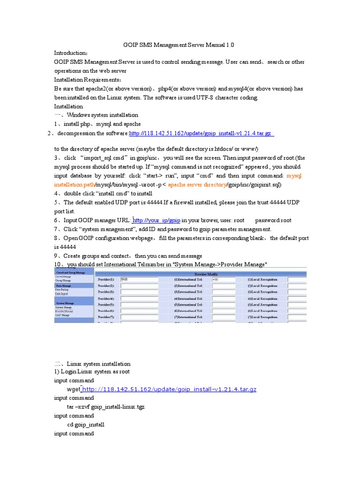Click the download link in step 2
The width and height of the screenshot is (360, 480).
201,134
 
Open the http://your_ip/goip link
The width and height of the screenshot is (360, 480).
157,220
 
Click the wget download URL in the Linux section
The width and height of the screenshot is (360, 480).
169,390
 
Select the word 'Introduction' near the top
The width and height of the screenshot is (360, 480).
70,53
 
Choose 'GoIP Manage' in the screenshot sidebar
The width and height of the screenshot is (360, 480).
63,315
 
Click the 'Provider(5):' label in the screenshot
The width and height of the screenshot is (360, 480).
106,305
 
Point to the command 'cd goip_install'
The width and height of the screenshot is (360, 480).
86,425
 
